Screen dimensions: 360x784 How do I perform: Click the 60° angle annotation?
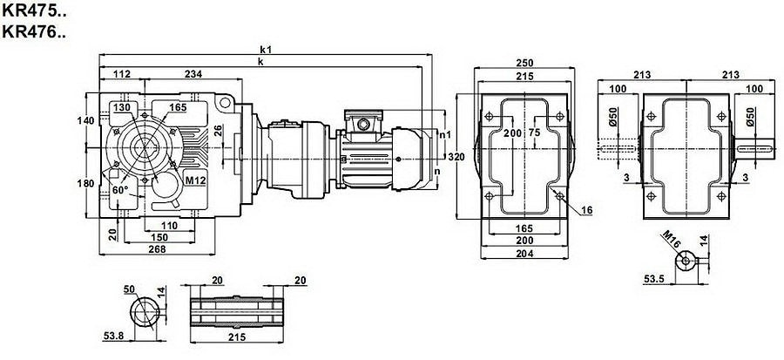tap(118, 188)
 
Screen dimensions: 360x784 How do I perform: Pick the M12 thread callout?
tap(196, 180)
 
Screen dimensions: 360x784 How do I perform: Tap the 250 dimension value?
tap(524, 63)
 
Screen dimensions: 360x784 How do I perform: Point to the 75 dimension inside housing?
tap(534, 132)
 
